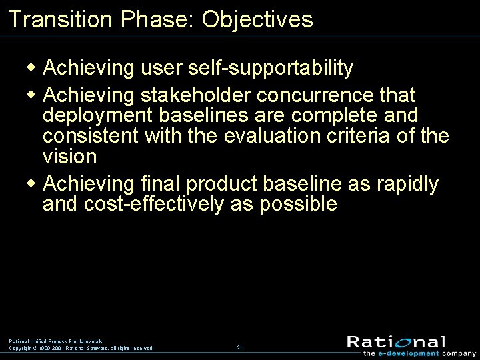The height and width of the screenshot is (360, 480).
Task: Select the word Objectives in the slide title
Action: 257,19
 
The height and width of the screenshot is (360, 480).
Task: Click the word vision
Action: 69,157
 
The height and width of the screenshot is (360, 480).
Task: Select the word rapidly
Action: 405,183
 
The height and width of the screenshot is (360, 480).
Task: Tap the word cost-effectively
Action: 154,204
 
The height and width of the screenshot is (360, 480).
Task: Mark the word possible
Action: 299,204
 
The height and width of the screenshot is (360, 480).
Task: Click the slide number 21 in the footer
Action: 239,347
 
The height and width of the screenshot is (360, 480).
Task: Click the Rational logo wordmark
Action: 396,342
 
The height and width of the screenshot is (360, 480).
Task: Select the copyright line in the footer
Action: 80,348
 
